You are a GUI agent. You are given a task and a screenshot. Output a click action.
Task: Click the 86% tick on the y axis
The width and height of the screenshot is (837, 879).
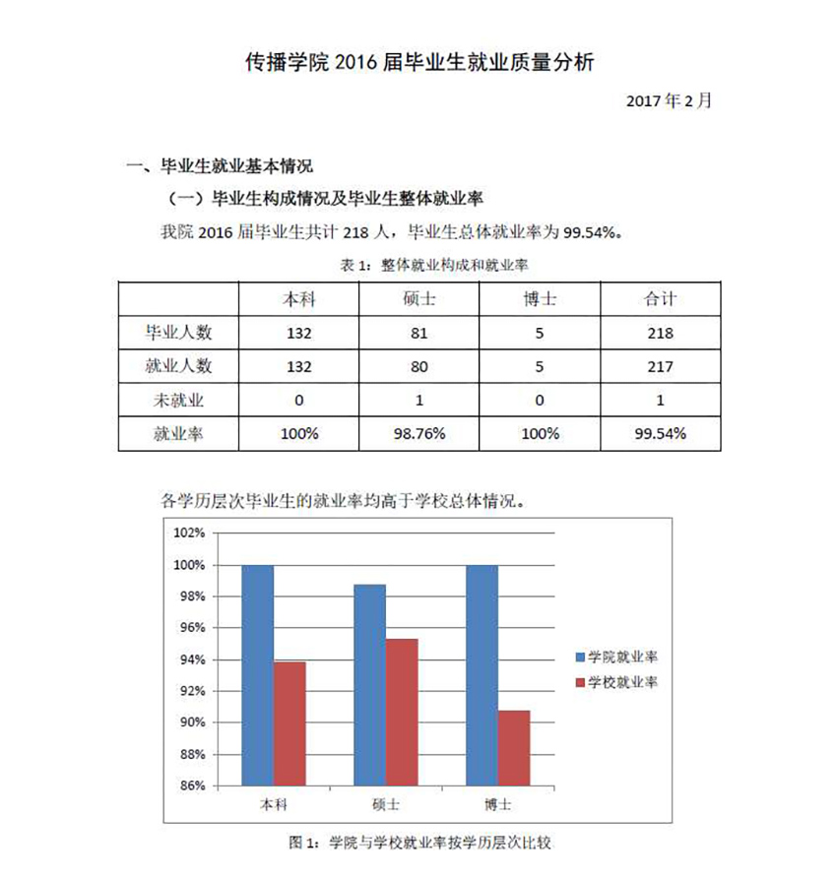(190, 785)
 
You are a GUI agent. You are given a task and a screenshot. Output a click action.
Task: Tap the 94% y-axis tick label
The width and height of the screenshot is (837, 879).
(190, 659)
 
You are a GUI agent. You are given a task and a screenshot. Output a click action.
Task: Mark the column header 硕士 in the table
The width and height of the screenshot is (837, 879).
(419, 299)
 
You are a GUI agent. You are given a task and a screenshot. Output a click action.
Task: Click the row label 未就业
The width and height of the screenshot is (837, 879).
(178, 401)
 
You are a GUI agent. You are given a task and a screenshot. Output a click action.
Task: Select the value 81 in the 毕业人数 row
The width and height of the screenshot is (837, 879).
(419, 333)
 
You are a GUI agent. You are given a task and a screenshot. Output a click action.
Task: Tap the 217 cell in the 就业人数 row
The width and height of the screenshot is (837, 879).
(659, 367)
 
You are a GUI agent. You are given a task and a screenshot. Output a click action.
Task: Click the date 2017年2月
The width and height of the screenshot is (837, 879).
(668, 100)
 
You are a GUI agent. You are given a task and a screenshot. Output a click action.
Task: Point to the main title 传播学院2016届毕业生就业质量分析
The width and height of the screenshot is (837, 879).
(419, 64)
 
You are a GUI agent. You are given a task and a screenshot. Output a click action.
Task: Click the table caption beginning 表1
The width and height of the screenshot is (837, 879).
(419, 265)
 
